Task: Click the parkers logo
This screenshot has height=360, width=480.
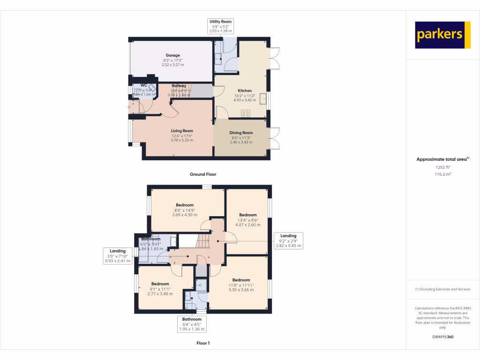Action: [442, 35]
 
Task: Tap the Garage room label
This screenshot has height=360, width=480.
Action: [172, 55]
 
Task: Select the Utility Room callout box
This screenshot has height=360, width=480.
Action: [220, 26]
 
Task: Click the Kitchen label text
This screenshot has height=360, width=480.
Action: [245, 90]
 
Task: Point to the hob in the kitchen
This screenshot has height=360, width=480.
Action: [246, 113]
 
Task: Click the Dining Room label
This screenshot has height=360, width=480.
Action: [241, 133]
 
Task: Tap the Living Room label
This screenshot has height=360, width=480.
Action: [181, 131]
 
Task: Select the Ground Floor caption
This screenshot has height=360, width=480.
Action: [203, 174]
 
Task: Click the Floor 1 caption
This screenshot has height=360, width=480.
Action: [203, 343]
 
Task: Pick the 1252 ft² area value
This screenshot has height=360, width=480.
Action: [442, 167]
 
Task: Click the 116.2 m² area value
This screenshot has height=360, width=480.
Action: [442, 174]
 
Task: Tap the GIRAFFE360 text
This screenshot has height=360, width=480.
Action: [442, 337]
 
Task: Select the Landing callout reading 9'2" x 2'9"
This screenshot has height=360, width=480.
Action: [288, 240]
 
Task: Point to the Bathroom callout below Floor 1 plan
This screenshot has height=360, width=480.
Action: [192, 324]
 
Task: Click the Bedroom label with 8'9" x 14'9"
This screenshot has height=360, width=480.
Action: [185, 205]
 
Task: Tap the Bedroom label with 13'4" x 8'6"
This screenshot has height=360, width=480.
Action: [247, 215]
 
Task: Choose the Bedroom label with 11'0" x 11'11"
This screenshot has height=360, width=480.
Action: [241, 280]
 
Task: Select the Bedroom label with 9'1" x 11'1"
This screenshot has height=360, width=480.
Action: [160, 284]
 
